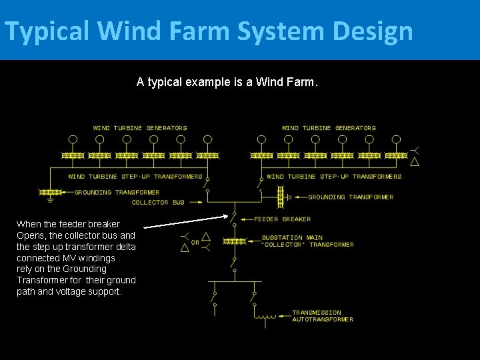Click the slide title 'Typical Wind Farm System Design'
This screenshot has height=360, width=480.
(x=208, y=31)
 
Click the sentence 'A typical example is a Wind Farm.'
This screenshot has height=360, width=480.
(x=227, y=82)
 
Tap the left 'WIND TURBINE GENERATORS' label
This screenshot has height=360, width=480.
(x=140, y=128)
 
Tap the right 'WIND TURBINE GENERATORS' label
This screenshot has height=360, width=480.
(x=329, y=128)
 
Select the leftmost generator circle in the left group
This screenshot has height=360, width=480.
(x=73, y=139)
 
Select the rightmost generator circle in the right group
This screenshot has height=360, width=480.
(x=396, y=139)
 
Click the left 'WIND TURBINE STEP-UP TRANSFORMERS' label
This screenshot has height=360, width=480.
(x=135, y=177)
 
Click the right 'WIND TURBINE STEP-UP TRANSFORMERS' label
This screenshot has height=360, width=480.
(x=334, y=177)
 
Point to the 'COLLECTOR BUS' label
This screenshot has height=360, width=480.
(x=158, y=203)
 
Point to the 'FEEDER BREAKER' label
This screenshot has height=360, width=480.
(x=282, y=219)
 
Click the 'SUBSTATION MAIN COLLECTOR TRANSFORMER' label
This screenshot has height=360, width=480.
(x=307, y=241)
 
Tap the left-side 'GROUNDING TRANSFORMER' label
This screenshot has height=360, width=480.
(x=117, y=193)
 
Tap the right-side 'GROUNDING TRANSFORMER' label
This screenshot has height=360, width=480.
(x=351, y=197)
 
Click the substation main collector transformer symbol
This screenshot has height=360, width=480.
(x=233, y=241)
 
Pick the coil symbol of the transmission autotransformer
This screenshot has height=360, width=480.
(x=267, y=315)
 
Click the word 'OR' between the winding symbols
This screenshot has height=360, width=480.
(x=195, y=242)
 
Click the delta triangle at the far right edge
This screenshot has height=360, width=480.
(x=415, y=161)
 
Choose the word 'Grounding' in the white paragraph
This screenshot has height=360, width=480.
(x=84, y=269)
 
